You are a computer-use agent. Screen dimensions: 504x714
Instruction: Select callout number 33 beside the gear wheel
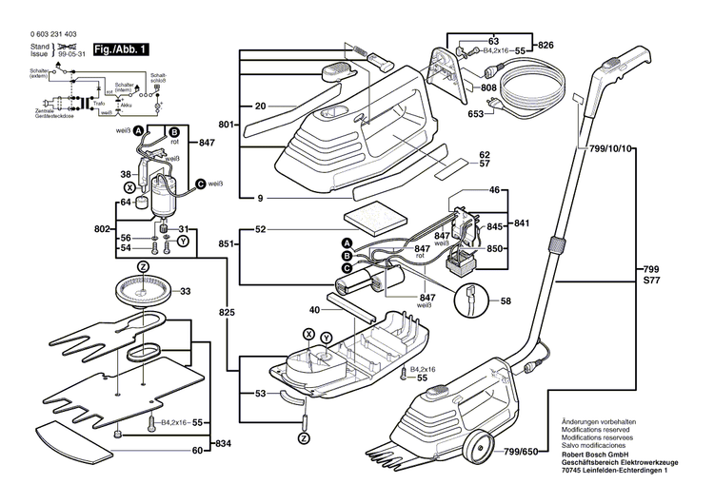[x=186, y=291]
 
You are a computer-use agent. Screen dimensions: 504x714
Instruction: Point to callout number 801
[x=226, y=125]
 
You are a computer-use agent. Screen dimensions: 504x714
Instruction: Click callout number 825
[x=226, y=311]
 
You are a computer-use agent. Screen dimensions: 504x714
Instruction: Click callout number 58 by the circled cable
[x=506, y=300]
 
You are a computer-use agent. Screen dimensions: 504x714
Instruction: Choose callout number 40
[x=314, y=309]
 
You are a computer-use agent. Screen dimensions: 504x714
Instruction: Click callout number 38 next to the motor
[x=125, y=174]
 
